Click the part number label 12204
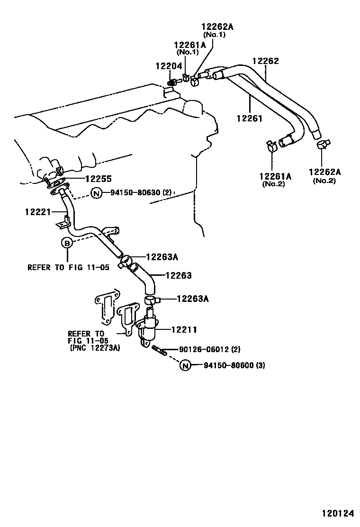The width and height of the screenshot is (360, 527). [168, 66]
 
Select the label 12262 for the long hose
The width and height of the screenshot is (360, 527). [265, 61]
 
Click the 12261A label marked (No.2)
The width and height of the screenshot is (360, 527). [275, 176]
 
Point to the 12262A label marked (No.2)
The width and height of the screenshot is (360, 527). [324, 172]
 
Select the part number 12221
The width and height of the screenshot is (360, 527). [37, 211]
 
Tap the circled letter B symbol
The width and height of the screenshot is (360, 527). [67, 243]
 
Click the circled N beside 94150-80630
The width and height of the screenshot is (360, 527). [97, 193]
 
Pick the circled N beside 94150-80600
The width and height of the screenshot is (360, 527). [185, 365]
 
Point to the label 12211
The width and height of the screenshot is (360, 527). [184, 329]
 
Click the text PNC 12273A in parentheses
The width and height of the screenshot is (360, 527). [95, 347]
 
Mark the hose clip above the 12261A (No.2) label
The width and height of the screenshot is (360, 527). [270, 145]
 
